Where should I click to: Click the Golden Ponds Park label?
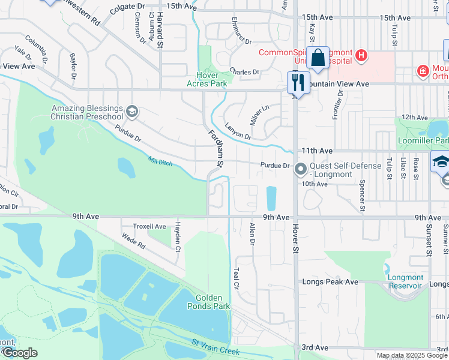click(x=212, y=302)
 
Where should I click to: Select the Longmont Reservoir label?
click(x=405, y=281)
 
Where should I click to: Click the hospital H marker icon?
click(x=361, y=56)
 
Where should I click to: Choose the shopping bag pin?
click(x=318, y=58)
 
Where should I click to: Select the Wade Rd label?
click(x=133, y=241)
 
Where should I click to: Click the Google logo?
click(x=19, y=353)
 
